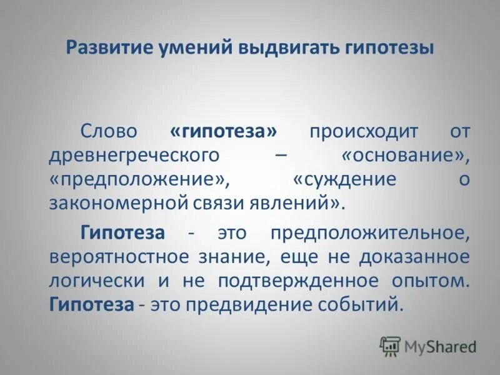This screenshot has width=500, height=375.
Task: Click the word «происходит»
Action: coord(364,132)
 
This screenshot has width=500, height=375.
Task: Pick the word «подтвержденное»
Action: coord(298,281)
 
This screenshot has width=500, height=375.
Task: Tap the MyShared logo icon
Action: coord(391,346)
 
